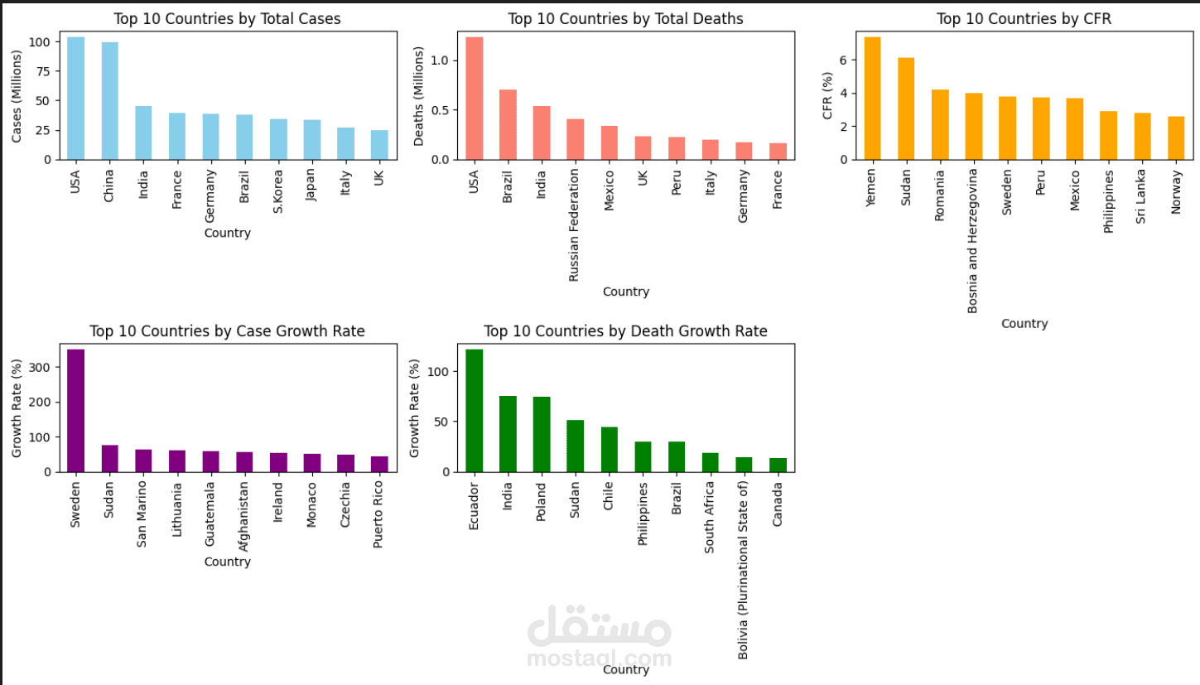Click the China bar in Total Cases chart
109,100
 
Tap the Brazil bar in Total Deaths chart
508,124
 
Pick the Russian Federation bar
575,139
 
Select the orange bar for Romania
940,124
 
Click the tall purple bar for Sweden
75,410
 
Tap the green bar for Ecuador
474,410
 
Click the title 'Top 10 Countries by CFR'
1024,18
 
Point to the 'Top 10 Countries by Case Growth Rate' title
227,331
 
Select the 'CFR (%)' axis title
827,94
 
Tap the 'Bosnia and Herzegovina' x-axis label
974,240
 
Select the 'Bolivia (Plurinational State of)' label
743,569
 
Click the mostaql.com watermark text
600,658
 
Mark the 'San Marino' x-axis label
142,514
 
